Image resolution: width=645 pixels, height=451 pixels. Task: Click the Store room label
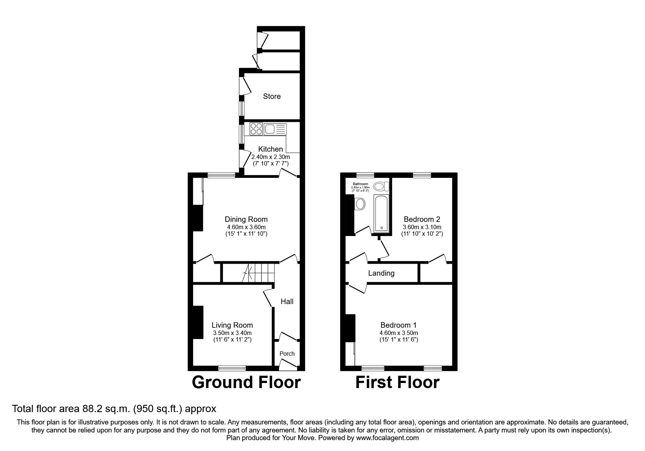pos(272,96)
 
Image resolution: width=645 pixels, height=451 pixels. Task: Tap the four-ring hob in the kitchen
pos(256,129)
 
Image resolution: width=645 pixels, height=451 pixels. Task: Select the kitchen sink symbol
pos(270,129)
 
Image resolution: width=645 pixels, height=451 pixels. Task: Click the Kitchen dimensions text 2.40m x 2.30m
pos(271,157)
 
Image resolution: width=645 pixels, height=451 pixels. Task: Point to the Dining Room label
pos(246,219)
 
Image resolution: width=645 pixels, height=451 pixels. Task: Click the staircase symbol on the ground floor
pos(259,273)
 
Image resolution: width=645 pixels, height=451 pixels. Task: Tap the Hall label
pos(287,302)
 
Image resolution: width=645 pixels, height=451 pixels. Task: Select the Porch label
pos(287,354)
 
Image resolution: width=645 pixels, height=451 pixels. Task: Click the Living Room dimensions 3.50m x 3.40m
pos(232,333)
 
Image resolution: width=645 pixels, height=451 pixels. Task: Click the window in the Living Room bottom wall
pos(232,368)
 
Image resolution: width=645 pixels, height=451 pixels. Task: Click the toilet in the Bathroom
pos(381,187)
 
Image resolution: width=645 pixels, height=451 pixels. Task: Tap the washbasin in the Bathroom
pos(360,204)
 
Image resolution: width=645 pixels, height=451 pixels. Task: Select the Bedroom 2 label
pos(422,219)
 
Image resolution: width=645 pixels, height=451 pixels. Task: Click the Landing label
pos(381,273)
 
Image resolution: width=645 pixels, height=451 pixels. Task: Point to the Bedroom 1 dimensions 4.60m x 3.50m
pos(399,333)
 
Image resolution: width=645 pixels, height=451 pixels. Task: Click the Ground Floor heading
pos(246,383)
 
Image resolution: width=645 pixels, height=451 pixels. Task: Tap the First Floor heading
pos(397,383)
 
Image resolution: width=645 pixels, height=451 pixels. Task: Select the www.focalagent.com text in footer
pos(387,438)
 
